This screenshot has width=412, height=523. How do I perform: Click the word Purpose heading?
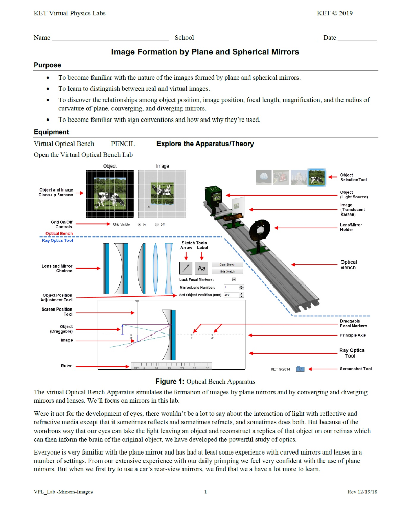pos(47,65)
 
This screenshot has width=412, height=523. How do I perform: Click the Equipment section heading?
pos(51,132)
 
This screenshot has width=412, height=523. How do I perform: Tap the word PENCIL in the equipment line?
pos(123,144)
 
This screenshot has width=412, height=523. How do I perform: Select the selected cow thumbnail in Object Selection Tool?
pos(316,177)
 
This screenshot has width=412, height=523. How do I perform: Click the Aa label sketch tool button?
pos(202,268)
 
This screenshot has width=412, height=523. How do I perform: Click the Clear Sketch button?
pos(227,264)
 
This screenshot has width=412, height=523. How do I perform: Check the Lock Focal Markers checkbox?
pos(234,279)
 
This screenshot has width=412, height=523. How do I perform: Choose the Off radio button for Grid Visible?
pos(156,224)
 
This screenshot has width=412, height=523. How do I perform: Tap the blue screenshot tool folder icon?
pos(300,369)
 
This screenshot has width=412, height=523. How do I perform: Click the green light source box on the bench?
pos(213,197)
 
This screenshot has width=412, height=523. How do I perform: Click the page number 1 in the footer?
pos(205,492)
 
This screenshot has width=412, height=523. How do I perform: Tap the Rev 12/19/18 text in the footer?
pos(362,492)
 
